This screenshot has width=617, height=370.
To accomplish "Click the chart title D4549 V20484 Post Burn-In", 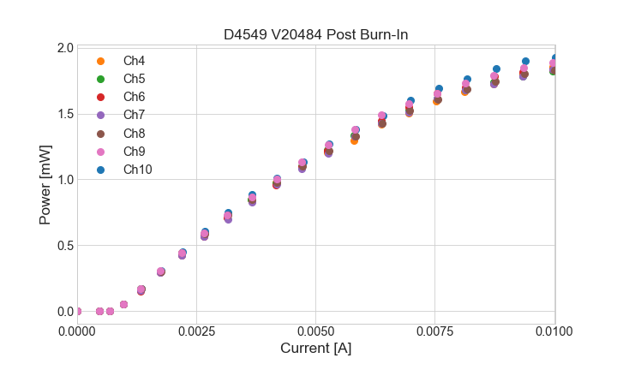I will [315, 35].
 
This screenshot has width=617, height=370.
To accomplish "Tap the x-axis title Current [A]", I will [315, 349].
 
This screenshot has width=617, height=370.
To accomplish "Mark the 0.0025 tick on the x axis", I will [196, 330].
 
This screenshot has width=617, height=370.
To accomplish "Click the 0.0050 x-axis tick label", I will [316, 330].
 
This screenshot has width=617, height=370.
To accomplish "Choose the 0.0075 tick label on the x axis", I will [435, 330].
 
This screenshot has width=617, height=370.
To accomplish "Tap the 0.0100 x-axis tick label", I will [554, 330].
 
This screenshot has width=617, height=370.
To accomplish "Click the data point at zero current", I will [77, 311].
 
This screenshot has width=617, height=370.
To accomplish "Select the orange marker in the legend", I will [100, 61].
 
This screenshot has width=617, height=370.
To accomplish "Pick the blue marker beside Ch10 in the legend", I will [100, 170].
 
